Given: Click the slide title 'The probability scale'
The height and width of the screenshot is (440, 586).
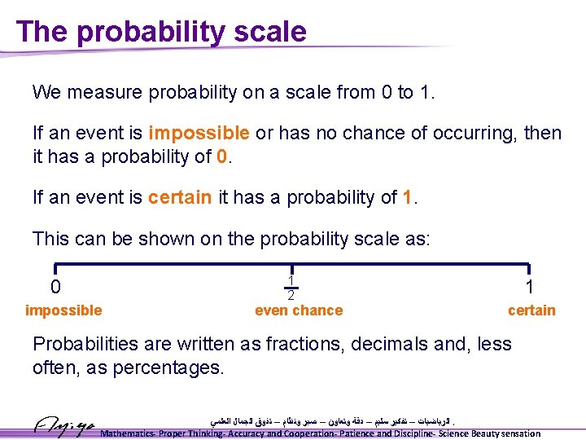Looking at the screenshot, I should (x=161, y=31).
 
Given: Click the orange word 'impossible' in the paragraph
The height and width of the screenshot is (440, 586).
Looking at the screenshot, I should (x=199, y=133).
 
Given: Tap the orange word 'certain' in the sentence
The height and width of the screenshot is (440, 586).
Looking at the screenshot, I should (x=180, y=196).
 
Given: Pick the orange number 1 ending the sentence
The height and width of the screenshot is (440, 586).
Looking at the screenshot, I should (x=409, y=196).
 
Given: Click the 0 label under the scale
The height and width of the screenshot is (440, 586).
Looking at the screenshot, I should (x=55, y=288).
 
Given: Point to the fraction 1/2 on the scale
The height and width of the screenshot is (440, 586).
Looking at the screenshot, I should (x=291, y=286).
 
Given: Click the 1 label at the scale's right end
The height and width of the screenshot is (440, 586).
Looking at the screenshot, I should (x=529, y=288).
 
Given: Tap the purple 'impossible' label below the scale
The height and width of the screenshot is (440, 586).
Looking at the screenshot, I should (x=63, y=310).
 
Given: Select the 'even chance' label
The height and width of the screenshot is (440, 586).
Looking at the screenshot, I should (x=299, y=310).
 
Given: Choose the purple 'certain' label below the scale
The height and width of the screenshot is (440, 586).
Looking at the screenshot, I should (x=531, y=310).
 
